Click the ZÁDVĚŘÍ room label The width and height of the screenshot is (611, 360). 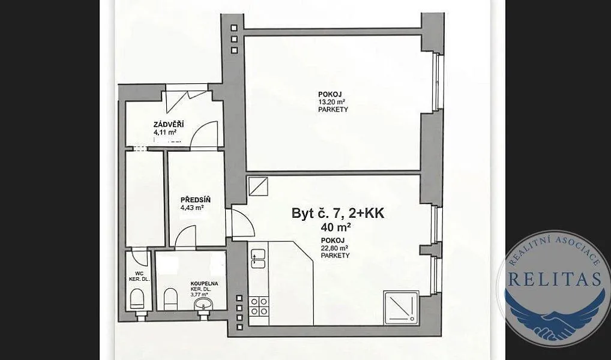(x=169, y=125)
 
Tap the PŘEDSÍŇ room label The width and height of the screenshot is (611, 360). (x=195, y=200)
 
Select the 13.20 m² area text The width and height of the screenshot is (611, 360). (x=333, y=102)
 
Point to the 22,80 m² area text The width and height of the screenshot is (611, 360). (x=335, y=248)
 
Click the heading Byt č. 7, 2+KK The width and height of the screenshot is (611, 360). (x=338, y=213)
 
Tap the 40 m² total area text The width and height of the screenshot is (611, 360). (x=336, y=227)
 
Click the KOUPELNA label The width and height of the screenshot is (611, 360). (x=204, y=284)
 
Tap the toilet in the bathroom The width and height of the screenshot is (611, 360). (x=170, y=299)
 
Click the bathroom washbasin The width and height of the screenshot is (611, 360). (x=203, y=304)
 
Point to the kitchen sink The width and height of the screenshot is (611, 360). (x=258, y=259)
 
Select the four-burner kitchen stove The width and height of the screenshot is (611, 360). (x=259, y=306)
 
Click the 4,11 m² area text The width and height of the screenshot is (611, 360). (x=165, y=133)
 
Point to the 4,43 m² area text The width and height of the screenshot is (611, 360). (x=193, y=208)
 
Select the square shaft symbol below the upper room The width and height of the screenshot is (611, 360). (x=258, y=186)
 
